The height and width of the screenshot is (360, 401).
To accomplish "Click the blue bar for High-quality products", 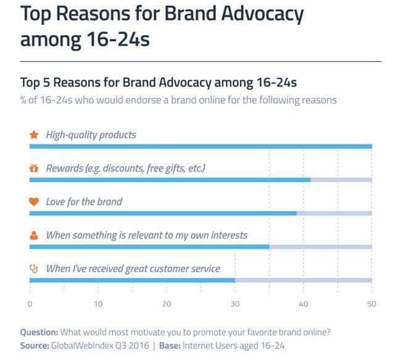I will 200,146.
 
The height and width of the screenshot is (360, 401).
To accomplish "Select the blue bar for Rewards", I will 170,180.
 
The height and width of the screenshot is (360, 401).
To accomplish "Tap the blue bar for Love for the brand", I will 163,213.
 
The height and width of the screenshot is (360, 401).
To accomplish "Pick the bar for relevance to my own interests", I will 149,246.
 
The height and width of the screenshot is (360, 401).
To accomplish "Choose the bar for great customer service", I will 132,280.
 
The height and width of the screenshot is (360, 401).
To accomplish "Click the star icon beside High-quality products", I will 35,135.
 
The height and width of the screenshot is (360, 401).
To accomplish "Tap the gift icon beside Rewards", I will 35,168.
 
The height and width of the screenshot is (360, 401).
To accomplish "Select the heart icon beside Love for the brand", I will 35,201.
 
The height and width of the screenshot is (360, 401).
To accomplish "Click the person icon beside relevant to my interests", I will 35,235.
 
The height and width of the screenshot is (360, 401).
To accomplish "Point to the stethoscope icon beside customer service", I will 35,269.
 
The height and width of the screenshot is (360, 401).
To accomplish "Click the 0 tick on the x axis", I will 30,304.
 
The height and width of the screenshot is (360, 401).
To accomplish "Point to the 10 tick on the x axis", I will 98,304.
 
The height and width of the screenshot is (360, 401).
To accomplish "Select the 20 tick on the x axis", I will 167,304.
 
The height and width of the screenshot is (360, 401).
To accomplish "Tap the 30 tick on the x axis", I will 235,304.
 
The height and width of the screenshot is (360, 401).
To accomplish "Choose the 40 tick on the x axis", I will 304,304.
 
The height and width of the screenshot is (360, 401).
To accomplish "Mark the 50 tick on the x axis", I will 371,304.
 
